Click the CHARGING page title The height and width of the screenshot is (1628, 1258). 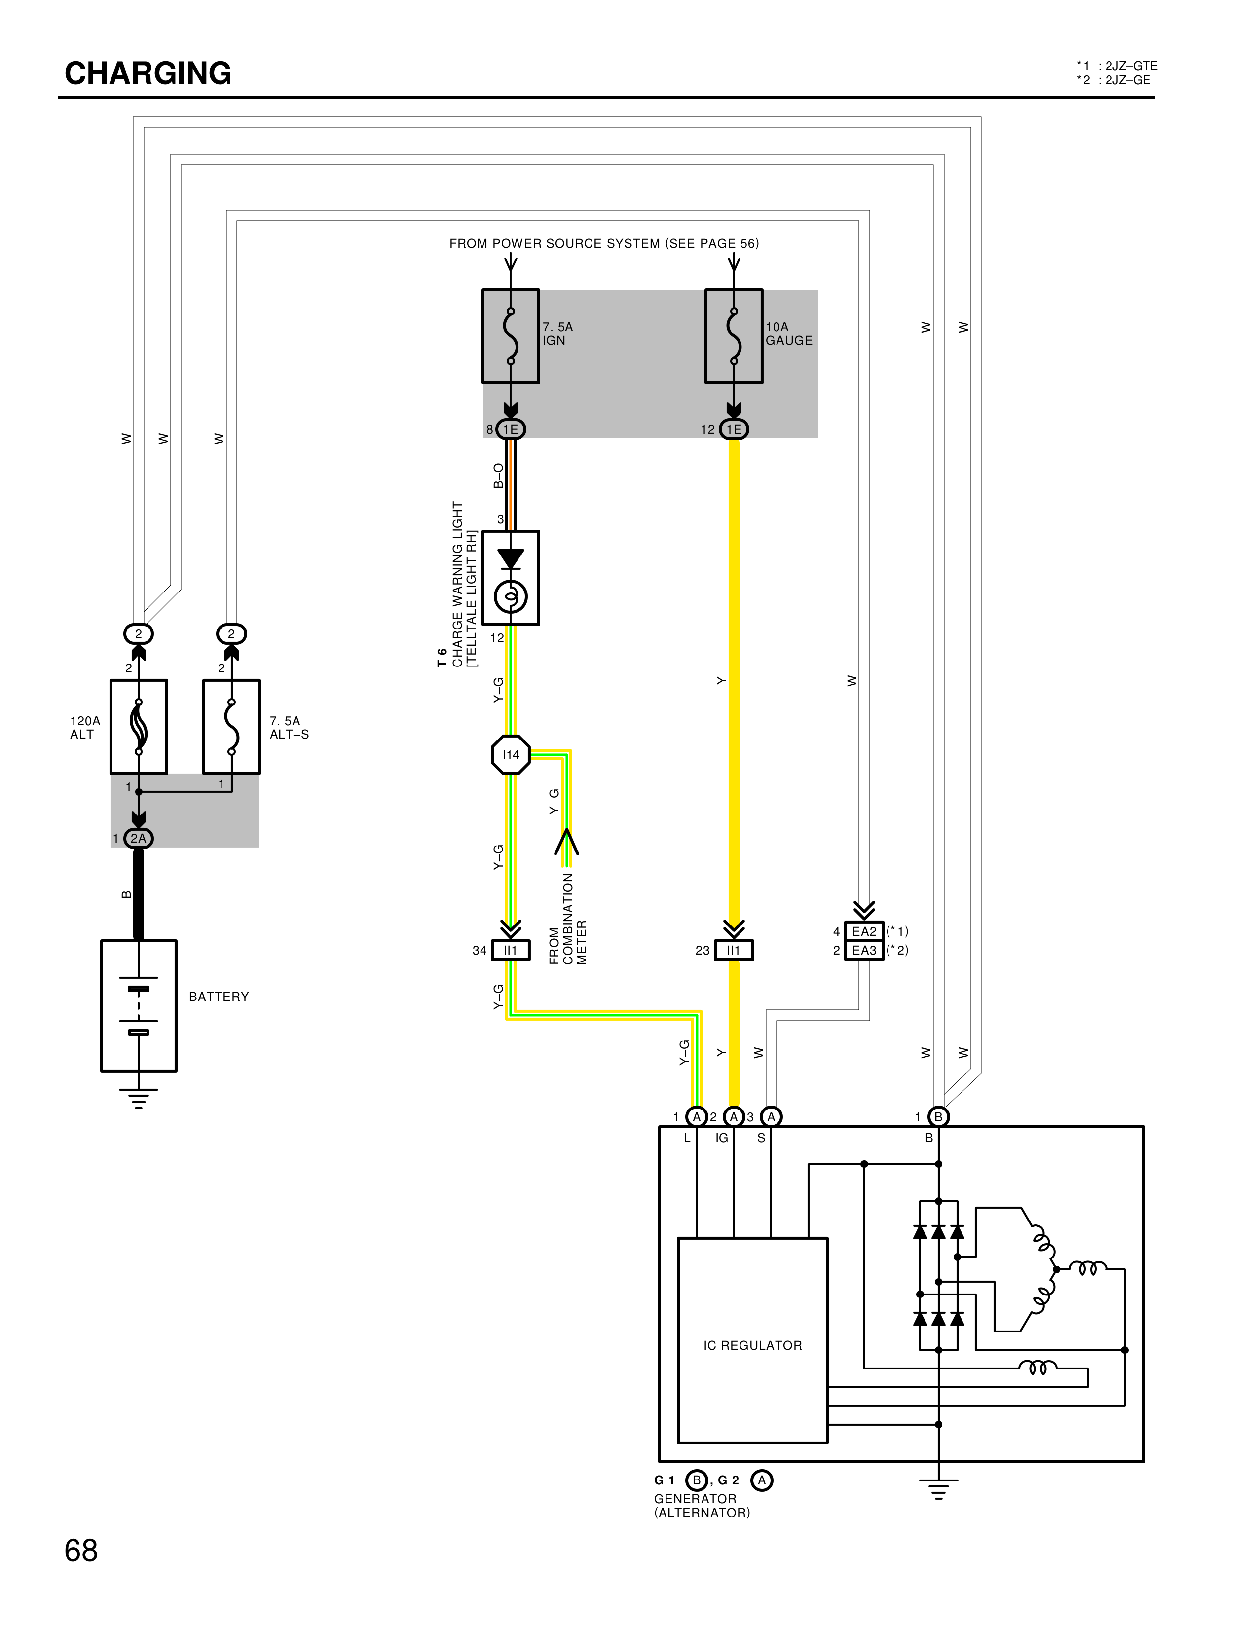148,73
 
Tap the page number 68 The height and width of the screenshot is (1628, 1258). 81,1551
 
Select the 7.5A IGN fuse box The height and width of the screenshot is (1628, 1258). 511,336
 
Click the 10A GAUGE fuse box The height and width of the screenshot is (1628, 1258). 733,336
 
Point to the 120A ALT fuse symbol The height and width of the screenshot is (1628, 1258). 139,726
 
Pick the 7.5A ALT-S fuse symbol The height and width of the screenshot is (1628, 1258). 232,726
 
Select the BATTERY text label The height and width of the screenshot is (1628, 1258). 219,997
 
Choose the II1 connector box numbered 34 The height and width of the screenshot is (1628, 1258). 511,951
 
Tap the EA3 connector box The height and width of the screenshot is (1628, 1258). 864,951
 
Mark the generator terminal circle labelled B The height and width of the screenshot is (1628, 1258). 938,1116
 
